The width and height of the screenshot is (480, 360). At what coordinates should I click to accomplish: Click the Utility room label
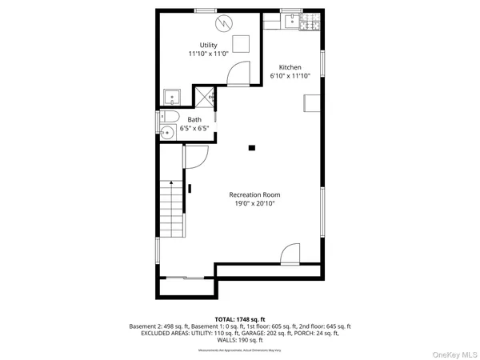coord(208,45)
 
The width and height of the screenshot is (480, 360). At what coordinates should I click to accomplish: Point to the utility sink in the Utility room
coord(174,98)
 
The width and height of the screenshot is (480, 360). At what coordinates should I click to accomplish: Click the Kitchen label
coord(289,67)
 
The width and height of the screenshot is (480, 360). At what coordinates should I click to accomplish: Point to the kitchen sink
coord(293,20)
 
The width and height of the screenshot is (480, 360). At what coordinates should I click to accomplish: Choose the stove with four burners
coord(309,24)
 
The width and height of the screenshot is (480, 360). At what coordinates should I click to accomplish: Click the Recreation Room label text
coord(254,194)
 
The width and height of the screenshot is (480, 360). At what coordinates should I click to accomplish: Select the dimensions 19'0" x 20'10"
coord(254,203)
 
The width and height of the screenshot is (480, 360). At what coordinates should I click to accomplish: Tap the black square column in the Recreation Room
coord(252,148)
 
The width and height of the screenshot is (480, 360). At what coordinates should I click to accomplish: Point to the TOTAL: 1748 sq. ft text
coord(240,318)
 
